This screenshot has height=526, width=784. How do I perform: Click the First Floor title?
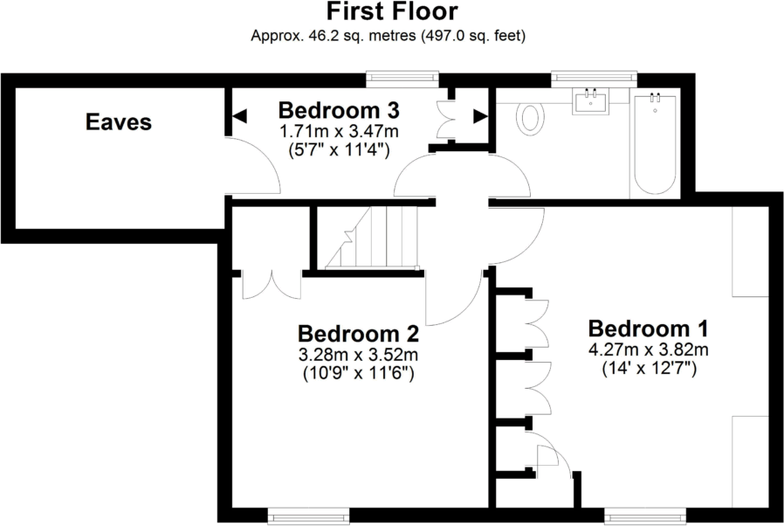coord(391,12)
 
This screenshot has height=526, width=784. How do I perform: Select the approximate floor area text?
coord(391,36)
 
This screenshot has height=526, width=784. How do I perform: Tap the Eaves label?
coord(119,122)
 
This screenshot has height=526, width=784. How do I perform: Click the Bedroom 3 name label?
coord(339,111)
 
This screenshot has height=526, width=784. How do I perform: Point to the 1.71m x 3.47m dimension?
coord(339,131)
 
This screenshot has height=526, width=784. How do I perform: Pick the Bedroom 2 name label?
coord(358,334)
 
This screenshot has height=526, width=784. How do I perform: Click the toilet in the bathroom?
coord(531,117)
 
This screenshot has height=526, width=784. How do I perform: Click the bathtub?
coord(654,143)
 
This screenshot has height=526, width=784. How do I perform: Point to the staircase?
coord(368,237)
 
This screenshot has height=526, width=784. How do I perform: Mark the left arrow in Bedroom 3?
coord(238,115)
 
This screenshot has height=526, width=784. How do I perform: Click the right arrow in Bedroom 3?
coord(479,115)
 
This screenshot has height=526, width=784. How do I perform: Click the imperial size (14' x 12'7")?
coord(647,369)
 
